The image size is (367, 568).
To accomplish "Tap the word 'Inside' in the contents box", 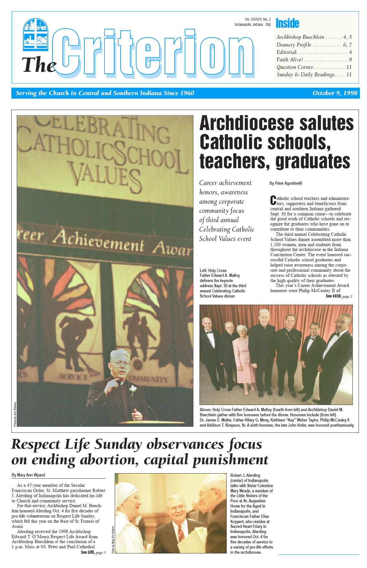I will tap(287, 23).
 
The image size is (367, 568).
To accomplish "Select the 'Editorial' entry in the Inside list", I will tap(286, 52).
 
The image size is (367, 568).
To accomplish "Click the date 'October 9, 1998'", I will tap(335, 93).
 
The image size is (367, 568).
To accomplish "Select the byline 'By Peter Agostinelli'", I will tap(286, 183).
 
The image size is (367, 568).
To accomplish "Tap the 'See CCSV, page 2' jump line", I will tap(339, 296).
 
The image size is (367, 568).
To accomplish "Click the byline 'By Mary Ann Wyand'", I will tap(28, 475).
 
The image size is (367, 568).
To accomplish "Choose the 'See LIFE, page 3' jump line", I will tap(93, 552).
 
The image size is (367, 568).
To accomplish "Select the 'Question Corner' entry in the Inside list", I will tap(295, 67).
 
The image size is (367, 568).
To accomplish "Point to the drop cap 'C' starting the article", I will tap(273, 201).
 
